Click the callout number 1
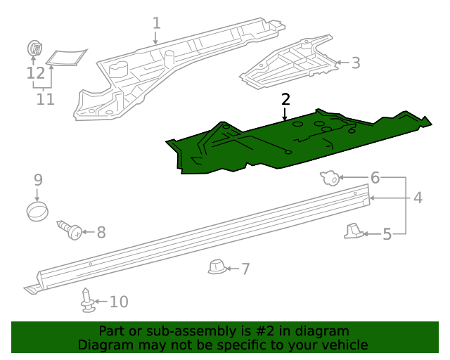pos(156,23)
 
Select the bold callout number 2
pos(285,99)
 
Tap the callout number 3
pos(356,63)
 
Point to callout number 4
pos(418,198)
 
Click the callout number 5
pos(387,233)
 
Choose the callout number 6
pos(375,178)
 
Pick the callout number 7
pos(245,268)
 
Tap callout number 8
pos(101,231)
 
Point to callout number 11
pos(45,99)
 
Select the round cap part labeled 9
pos(39,210)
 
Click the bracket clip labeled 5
pos(355,231)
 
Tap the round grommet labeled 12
pos(34,49)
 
